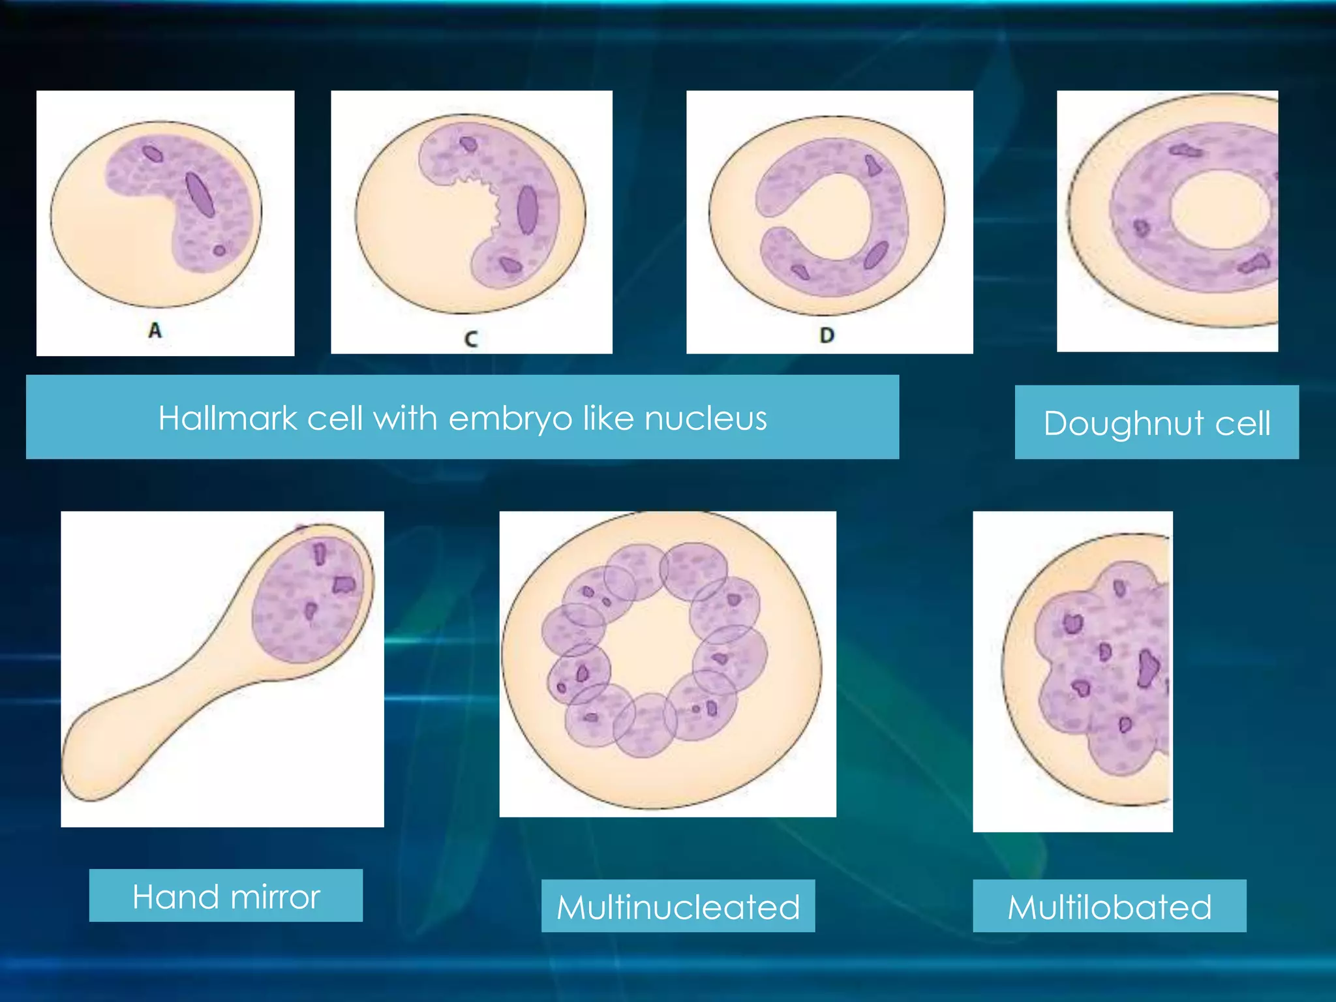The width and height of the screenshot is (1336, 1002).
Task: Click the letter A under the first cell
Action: pyautogui.click(x=155, y=330)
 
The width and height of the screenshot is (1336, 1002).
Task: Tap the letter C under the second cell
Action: pyautogui.click(x=471, y=339)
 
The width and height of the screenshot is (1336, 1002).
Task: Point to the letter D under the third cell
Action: pyautogui.click(x=827, y=335)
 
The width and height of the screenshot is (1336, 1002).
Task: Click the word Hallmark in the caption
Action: pyautogui.click(x=227, y=418)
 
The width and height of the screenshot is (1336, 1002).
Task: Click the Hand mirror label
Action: pyautogui.click(x=226, y=896)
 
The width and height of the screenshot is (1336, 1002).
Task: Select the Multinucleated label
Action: pyautogui.click(x=678, y=907)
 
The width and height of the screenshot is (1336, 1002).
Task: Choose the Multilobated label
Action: pyautogui.click(x=1109, y=907)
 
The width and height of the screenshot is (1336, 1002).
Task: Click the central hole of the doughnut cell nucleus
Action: pyautogui.click(x=1219, y=210)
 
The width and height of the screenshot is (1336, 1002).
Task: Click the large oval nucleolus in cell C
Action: pyautogui.click(x=527, y=209)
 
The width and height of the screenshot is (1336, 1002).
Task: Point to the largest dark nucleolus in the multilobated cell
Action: pyautogui.click(x=1147, y=669)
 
